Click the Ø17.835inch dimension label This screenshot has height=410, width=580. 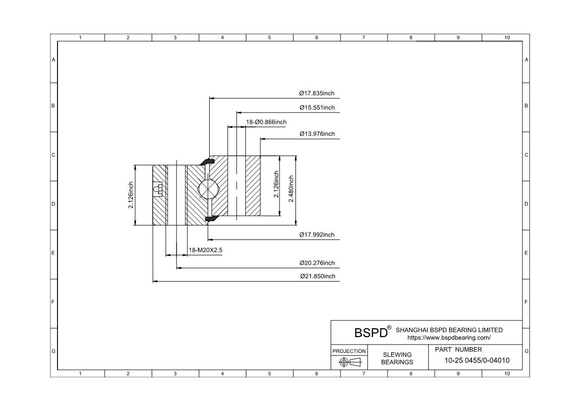tap(317, 93)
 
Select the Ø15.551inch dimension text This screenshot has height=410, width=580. tap(317, 108)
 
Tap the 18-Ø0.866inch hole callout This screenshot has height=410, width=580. tap(266, 122)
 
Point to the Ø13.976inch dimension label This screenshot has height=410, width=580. tap(317, 134)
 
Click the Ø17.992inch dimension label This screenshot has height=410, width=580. tap(317, 234)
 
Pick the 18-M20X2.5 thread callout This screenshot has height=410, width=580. tap(206, 250)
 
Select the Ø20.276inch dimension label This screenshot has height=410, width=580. tap(317, 263)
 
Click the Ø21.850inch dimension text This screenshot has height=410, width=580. tap(318, 277)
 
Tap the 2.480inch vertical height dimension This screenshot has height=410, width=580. tap(291, 189)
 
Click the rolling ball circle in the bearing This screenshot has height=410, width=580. tap(208, 189)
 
